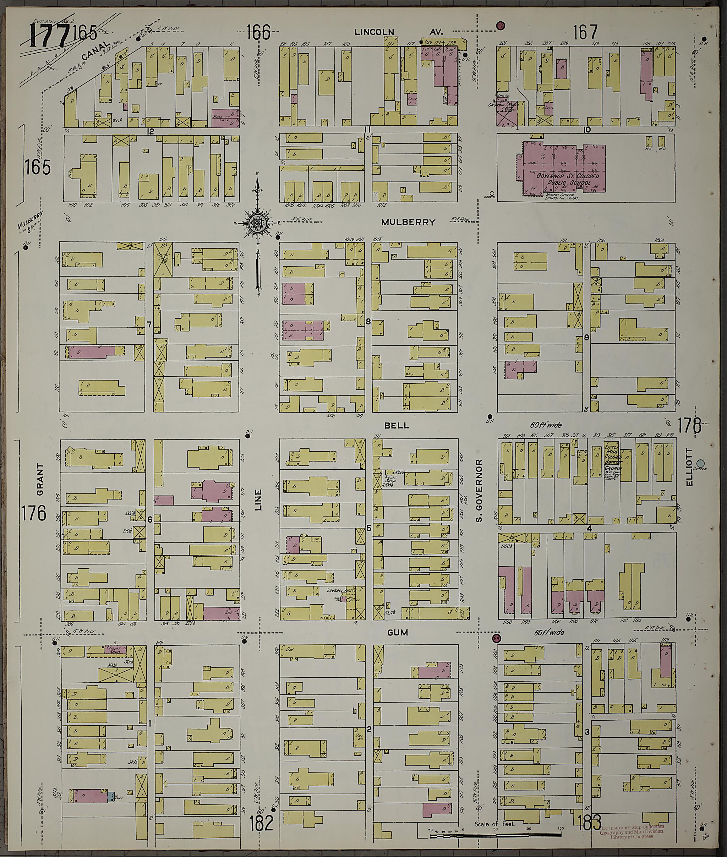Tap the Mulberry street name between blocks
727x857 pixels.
tap(408, 222)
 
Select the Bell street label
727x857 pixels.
tap(397, 425)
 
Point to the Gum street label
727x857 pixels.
tap(397, 632)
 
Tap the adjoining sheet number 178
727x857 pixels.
tap(689, 425)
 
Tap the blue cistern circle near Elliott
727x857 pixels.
tap(700, 463)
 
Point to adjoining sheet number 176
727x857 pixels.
tap(34, 514)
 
